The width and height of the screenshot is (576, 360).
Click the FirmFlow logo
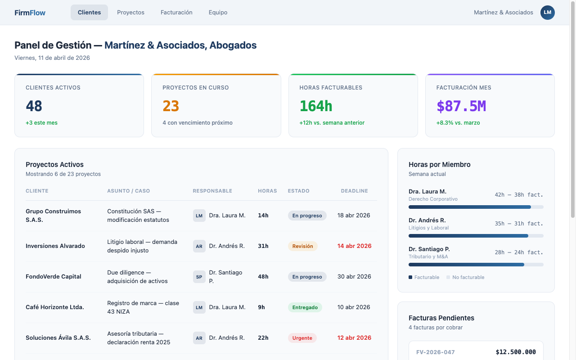point(30,13)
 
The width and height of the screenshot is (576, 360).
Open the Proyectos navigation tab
point(130,13)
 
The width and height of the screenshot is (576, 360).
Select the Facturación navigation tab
point(176,13)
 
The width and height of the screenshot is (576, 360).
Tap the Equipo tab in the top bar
point(218,13)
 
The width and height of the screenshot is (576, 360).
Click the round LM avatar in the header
point(547,13)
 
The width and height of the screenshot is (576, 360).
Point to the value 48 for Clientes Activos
point(34,106)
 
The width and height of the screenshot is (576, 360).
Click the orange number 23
point(171,106)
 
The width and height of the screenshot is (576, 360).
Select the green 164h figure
point(316,106)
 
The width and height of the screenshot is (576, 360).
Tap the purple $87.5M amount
point(461,106)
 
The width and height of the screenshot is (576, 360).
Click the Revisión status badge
point(302,246)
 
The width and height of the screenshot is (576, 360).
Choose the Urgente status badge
point(302,338)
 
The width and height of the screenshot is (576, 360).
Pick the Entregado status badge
point(305,307)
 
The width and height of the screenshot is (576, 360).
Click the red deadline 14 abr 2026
point(354,246)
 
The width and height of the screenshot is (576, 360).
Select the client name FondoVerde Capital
point(54,277)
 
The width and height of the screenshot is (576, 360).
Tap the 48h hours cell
point(263,277)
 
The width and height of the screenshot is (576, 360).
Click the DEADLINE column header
point(354,191)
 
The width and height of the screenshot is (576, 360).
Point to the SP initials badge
point(199,277)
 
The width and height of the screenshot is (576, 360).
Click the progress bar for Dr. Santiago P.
point(476,265)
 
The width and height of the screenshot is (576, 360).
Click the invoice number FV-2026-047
point(435,352)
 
